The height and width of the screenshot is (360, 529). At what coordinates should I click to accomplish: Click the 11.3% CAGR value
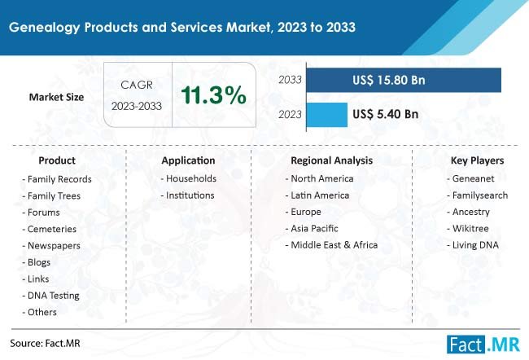[x=214, y=96]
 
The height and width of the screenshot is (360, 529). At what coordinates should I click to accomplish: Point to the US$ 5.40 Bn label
[x=386, y=114]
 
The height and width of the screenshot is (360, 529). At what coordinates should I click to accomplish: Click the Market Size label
[x=58, y=97]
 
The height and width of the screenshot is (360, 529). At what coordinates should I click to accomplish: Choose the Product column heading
[x=56, y=160]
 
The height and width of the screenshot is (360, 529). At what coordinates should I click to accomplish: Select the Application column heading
[x=188, y=160]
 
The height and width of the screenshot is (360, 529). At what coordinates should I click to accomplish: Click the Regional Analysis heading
[x=331, y=160]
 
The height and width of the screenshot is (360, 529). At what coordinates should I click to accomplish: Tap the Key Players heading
[x=477, y=160]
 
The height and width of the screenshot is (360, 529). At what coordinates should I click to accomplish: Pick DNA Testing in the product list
[x=52, y=295]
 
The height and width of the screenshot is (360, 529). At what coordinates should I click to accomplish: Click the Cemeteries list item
[x=52, y=229]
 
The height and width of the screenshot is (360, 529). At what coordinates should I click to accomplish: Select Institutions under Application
[x=189, y=195]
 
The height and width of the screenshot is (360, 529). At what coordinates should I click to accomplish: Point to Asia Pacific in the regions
[x=314, y=228]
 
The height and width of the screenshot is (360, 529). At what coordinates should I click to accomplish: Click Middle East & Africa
[x=334, y=244]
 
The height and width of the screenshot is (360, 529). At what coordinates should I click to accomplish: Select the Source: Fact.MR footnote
[x=46, y=343]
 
